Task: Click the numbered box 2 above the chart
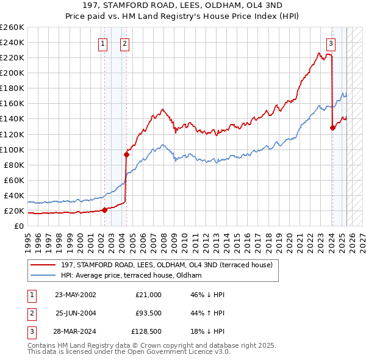click(124, 43)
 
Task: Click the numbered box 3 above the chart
click(331, 43)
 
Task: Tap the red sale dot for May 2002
click(104, 210)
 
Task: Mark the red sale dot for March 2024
click(332, 128)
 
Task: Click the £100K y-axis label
click(12, 149)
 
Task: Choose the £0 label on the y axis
click(20, 226)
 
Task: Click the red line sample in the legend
click(43, 265)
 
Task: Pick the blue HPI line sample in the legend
click(43, 276)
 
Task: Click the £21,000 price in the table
click(148, 295)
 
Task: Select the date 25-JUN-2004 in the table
click(76, 313)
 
